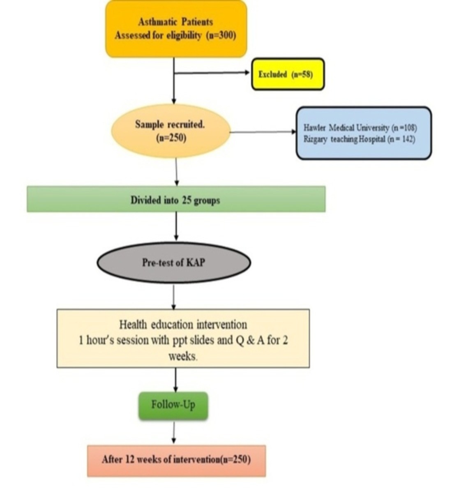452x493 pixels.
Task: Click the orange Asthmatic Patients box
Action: pos(176,29)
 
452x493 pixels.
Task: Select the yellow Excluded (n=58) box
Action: pos(288,74)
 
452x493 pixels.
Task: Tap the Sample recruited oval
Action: pos(170,131)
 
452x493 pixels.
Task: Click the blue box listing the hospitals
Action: pos(364,133)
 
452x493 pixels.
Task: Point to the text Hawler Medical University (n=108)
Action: pos(360,127)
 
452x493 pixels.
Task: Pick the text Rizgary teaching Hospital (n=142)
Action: pos(359,139)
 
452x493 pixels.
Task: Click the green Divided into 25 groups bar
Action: pos(176,200)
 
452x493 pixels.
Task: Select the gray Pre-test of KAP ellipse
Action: pos(173,263)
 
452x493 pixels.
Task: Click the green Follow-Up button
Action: pos(173,405)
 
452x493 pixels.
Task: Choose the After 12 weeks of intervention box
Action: pos(176,460)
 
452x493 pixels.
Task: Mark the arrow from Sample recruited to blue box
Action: pos(263,132)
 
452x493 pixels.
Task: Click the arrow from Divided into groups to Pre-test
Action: pos(177,226)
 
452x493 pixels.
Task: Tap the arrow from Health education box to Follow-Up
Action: pos(176,380)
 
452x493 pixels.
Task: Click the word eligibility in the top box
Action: pos(184,36)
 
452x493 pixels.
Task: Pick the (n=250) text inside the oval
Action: pos(171,138)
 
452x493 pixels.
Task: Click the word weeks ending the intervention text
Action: pos(182,356)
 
